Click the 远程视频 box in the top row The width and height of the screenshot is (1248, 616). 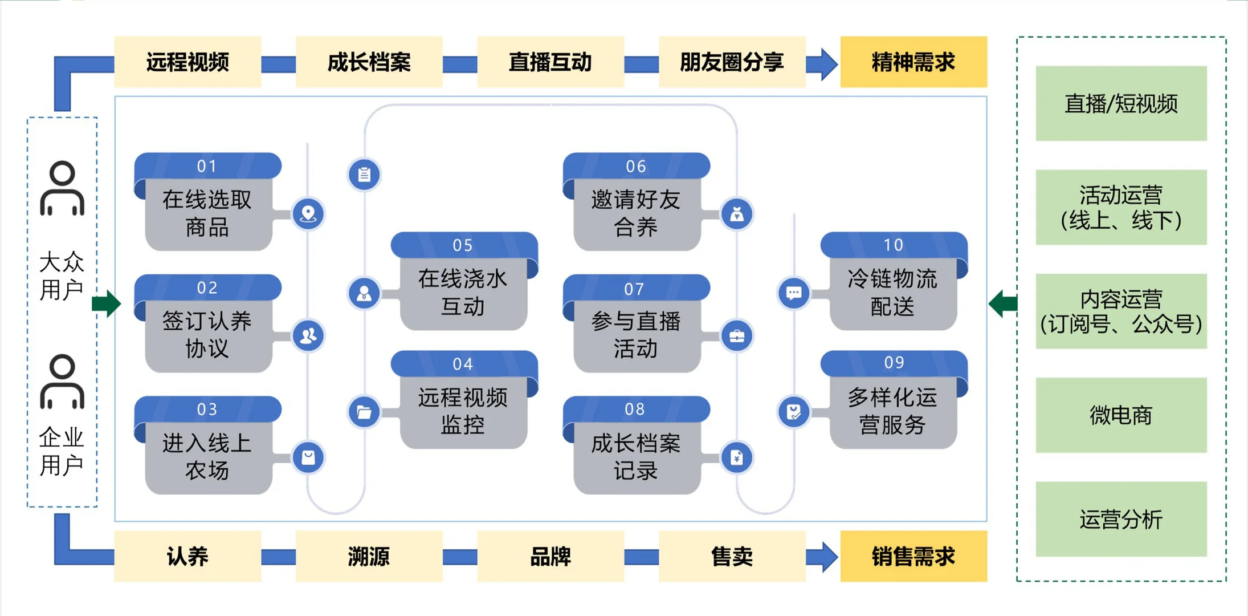point(187,62)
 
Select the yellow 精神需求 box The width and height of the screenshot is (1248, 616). point(913,62)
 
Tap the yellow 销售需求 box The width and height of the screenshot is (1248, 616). point(913,556)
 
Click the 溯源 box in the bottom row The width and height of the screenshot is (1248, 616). point(369,556)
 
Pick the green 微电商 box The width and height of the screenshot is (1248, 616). point(1120,415)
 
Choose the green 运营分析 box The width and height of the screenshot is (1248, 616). point(1120,519)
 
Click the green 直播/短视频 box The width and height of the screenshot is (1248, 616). point(1120,103)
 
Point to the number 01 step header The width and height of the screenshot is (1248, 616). point(207,166)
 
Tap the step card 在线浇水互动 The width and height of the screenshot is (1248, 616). point(463,293)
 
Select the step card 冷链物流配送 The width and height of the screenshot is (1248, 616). point(892,293)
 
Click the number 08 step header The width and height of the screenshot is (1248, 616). point(635,409)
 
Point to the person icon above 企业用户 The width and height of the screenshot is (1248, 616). point(62,382)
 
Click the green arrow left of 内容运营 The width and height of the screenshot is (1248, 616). point(1003,303)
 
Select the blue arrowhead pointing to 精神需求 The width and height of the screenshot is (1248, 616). point(827,63)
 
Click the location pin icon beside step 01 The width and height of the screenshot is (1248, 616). point(308,214)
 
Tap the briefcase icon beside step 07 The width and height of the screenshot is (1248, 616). point(737,336)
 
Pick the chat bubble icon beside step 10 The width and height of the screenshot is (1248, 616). point(794,294)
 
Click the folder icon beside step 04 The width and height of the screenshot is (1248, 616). point(364,412)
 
